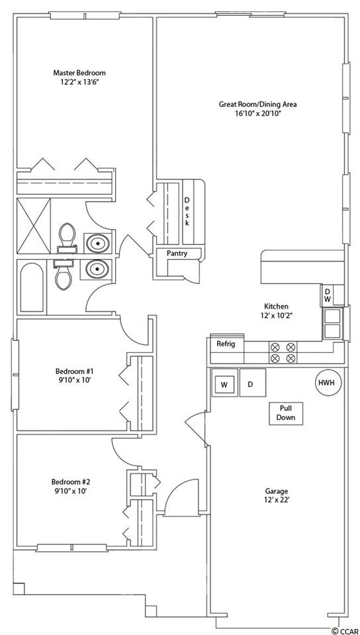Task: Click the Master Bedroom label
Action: [x=79, y=73]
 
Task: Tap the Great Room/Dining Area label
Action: [x=258, y=104]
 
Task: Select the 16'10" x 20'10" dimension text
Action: [x=258, y=114]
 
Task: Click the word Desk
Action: [x=187, y=211]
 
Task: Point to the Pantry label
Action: [x=177, y=254]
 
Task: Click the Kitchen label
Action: [x=276, y=306]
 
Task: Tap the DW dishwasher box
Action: [x=327, y=295]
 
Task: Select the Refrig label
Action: [x=226, y=344]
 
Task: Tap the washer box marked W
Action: [x=224, y=384]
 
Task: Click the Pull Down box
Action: [x=286, y=413]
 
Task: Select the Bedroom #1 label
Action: [x=75, y=371]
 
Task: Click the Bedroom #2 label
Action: [x=70, y=482]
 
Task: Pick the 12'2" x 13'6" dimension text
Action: [x=79, y=83]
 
